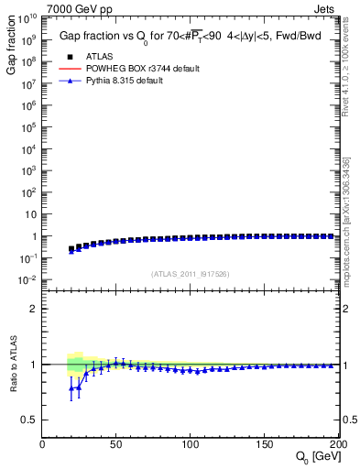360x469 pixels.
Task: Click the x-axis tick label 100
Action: coord(190,444)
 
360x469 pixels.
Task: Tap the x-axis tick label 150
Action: coord(263,444)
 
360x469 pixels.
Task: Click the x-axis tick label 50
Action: coord(116,444)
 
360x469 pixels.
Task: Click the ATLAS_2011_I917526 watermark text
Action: coord(189,275)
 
